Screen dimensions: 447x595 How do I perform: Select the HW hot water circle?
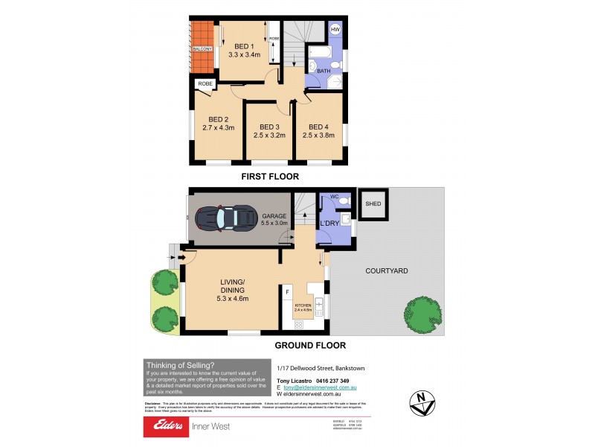[335, 30]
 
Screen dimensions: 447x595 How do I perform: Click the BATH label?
[324, 71]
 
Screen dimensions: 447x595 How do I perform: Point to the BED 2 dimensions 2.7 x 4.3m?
[218, 127]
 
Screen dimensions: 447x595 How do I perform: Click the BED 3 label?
[268, 126]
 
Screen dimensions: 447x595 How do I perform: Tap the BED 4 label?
[318, 126]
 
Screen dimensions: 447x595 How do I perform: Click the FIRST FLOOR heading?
[269, 177]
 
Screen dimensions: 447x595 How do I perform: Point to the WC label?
[335, 197]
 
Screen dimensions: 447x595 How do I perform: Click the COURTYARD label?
[385, 271]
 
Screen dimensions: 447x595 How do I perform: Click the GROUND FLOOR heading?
[310, 346]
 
